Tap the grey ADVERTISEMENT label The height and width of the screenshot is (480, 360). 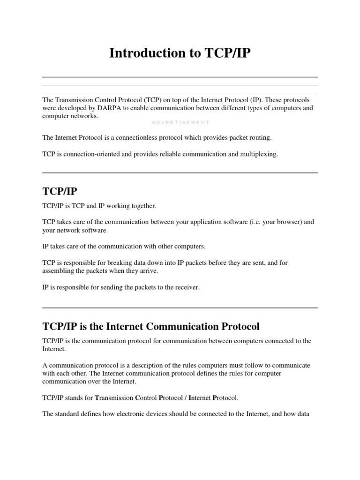tap(180, 122)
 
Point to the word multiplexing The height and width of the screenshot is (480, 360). tap(260, 154)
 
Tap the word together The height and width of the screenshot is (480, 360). tap(142, 206)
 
